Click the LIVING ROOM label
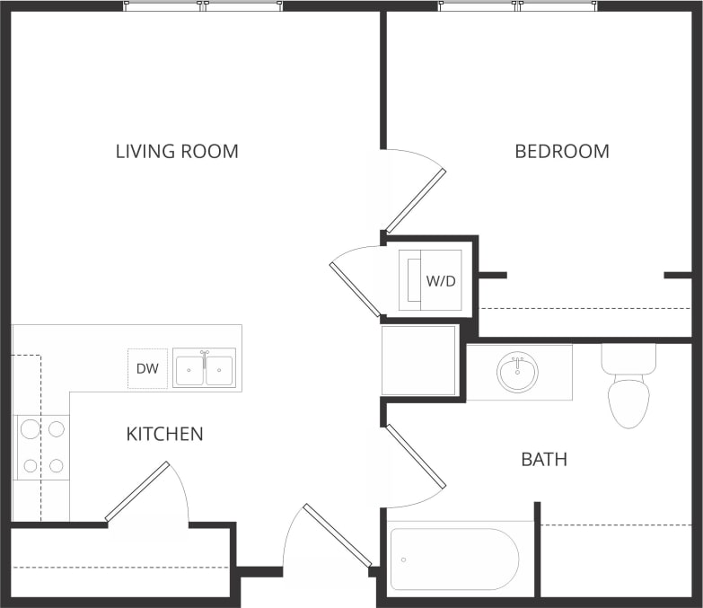click(x=177, y=151)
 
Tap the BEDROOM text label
click(x=562, y=151)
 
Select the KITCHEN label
click(x=164, y=435)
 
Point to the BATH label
click(x=544, y=460)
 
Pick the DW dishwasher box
click(x=147, y=369)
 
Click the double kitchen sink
click(x=204, y=369)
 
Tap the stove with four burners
click(x=42, y=446)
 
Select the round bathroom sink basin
click(x=518, y=372)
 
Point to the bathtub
click(x=454, y=559)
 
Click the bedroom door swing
click(x=415, y=199)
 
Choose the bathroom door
click(x=415, y=458)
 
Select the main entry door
click(x=337, y=535)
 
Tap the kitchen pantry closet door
click(x=137, y=491)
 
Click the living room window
click(x=203, y=6)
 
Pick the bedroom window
click(x=518, y=6)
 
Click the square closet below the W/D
click(x=418, y=360)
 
